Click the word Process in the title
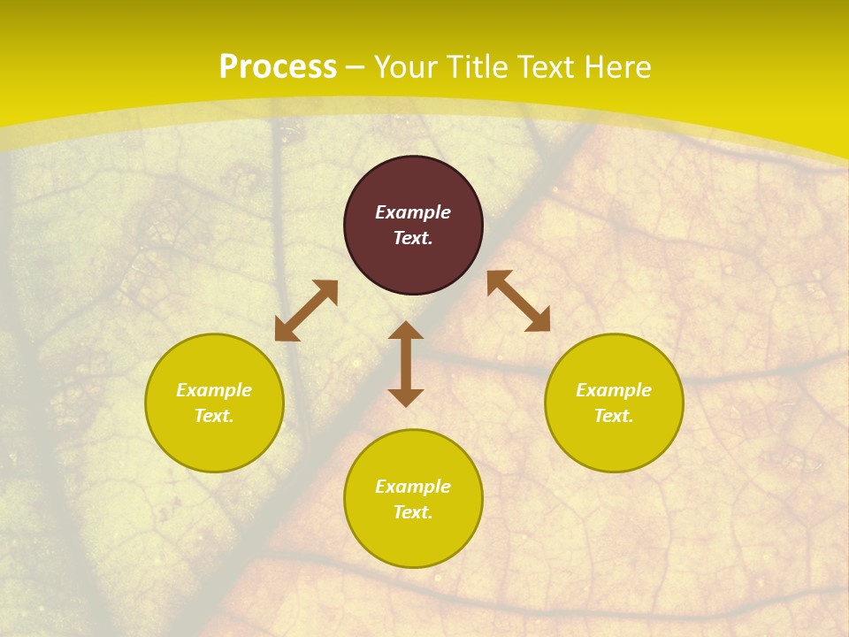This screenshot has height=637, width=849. click(278, 67)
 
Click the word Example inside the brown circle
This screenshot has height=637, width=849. click(413, 212)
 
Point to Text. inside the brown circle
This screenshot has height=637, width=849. click(413, 238)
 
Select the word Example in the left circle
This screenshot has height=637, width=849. click(214, 390)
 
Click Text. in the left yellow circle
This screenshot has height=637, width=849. click(214, 416)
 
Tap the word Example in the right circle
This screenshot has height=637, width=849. click(614, 390)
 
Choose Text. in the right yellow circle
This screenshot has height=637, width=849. click(614, 416)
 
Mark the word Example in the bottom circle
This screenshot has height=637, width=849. click(413, 487)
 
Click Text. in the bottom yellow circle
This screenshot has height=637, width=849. click(413, 512)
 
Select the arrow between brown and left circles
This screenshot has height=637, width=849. click(306, 311)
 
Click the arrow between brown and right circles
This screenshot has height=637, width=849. click(518, 301)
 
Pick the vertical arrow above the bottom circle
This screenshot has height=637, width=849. click(406, 364)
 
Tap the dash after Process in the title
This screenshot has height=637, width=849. click(356, 68)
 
